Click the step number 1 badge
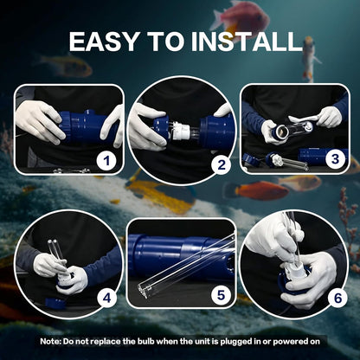pyautogui.click(x=107, y=161)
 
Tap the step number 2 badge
pyautogui.click(x=222, y=165)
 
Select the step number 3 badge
pyautogui.click(x=335, y=159)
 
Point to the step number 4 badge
pyautogui.click(x=107, y=298)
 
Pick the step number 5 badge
pyautogui.click(x=221, y=295)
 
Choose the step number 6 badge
pyautogui.click(x=337, y=298)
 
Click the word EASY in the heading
pyautogui.click(x=104, y=42)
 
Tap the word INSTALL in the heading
pyautogui.click(x=246, y=42)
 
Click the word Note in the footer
pyautogui.click(x=51, y=342)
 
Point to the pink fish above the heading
pyautogui.click(x=241, y=19)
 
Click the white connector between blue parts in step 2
pyautogui.click(x=182, y=132)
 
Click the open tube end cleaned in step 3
pyautogui.click(x=282, y=132)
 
